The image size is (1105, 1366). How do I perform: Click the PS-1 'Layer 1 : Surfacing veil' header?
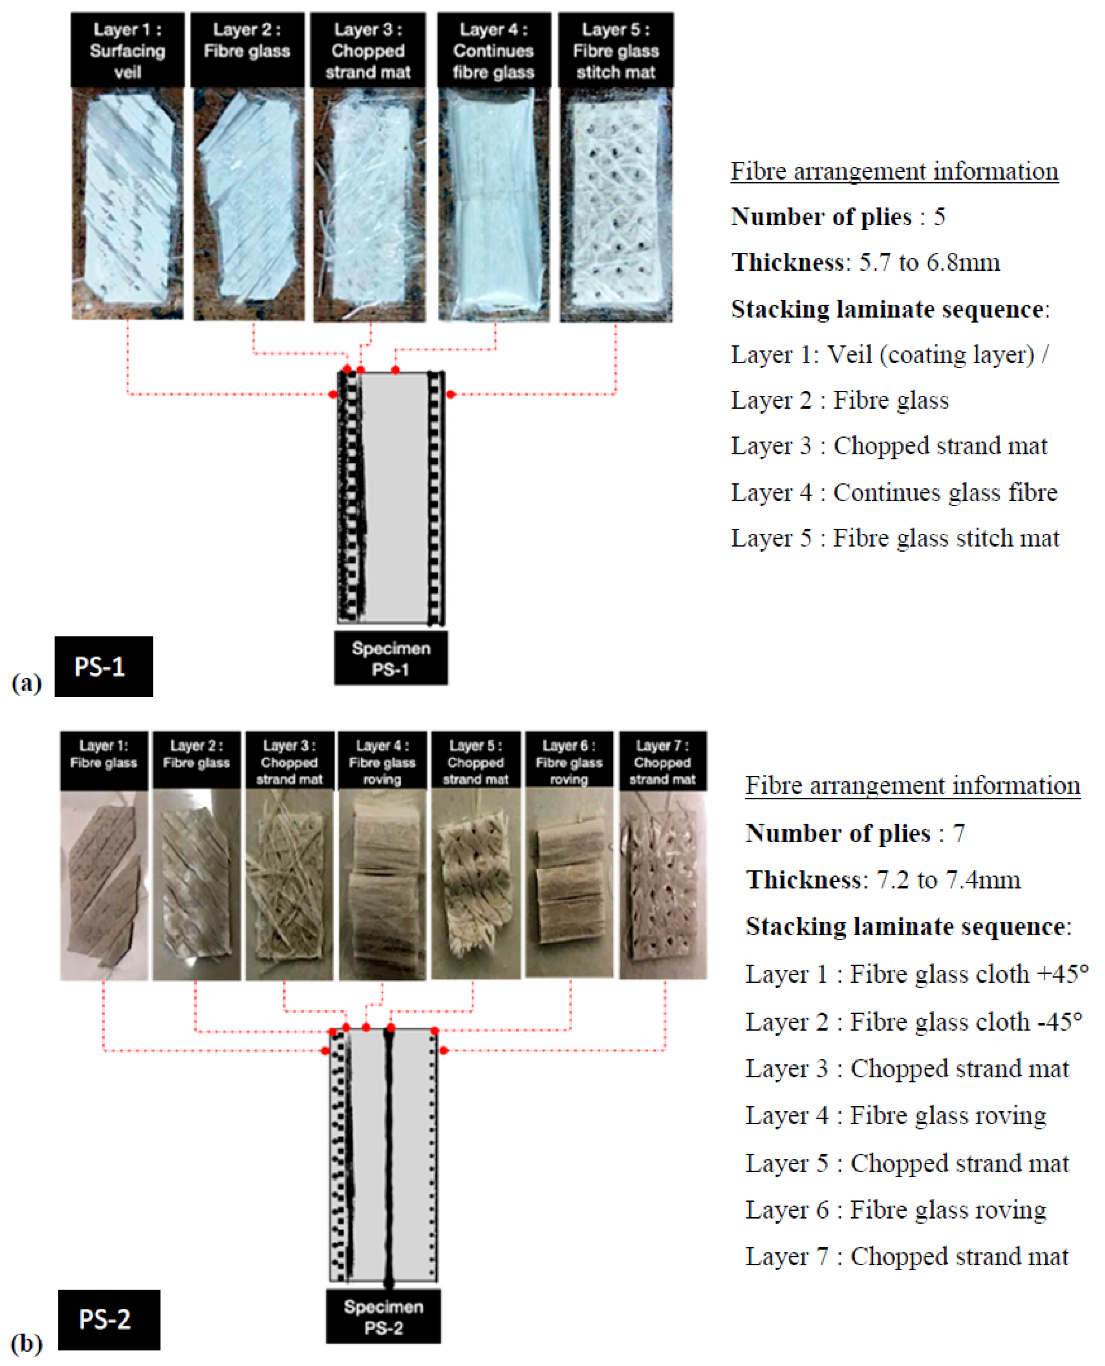coord(127,50)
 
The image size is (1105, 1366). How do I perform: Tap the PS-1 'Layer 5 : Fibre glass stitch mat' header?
coord(615,50)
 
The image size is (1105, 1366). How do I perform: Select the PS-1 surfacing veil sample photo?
coord(127,204)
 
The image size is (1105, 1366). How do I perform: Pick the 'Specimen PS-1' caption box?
coord(391,658)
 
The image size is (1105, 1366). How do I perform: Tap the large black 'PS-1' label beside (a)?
coord(104,666)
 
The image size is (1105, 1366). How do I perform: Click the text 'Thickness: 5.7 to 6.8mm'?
coord(866,262)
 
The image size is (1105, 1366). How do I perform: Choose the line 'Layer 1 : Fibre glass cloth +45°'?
coord(917,974)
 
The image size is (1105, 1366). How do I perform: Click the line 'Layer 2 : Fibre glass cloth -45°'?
coord(914,1022)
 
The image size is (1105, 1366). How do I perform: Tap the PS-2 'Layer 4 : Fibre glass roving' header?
coord(382,762)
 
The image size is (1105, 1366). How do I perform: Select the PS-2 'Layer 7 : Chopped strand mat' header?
coord(663,762)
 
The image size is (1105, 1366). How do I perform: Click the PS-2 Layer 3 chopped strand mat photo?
coord(289,885)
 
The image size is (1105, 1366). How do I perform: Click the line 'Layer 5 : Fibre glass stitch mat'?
coord(895,538)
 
